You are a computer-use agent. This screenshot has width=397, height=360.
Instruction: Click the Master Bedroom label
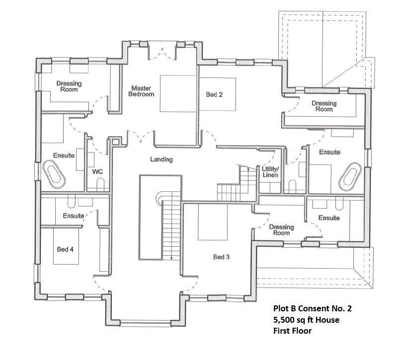[x=142, y=91]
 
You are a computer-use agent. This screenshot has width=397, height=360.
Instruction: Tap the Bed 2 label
[x=214, y=94]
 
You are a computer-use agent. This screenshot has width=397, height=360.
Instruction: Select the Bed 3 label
[x=221, y=257]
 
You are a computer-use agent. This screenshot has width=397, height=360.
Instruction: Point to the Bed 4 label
[x=65, y=249]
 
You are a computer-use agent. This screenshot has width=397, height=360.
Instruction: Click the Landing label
[x=161, y=159]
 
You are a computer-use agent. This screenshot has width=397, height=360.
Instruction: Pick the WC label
[x=97, y=171]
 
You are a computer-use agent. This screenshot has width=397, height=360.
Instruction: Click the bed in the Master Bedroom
[x=178, y=94]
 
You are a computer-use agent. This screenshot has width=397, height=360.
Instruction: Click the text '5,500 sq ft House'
[x=307, y=320]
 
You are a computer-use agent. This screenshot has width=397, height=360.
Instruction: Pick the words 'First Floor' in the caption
[x=292, y=331]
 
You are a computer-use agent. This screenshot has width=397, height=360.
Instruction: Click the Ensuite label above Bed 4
[x=73, y=216]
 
